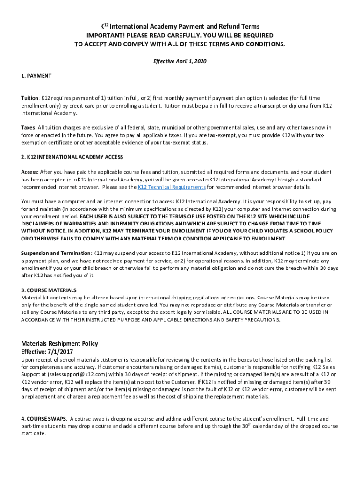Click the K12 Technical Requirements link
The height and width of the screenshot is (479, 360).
click(172, 187)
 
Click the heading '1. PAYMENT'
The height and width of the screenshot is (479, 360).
click(36, 76)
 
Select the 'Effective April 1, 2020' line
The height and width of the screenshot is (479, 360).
click(180, 61)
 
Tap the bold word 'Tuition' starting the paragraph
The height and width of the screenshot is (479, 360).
click(29, 98)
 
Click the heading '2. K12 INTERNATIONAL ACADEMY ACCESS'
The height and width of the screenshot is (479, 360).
click(72, 157)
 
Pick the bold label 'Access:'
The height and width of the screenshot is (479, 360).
click(30, 172)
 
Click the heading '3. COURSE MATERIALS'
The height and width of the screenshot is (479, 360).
click(49, 290)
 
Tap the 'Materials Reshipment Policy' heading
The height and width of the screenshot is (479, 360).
click(59, 344)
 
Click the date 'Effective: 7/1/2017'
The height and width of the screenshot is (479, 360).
click(47, 352)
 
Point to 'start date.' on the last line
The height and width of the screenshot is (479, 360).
click(34, 434)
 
